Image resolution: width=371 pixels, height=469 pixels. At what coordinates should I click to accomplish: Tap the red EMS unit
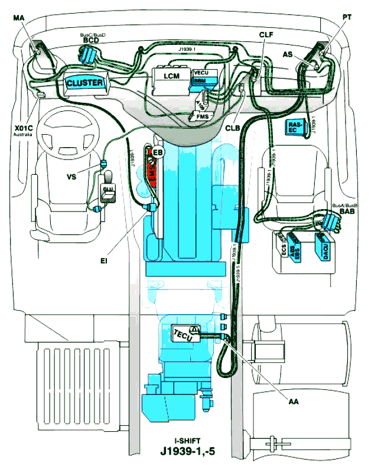[152, 174]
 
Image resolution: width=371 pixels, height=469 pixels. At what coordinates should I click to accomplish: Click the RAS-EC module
[296, 127]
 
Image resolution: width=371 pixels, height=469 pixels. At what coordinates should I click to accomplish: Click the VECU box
[201, 73]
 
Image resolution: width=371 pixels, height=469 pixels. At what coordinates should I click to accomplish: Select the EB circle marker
[157, 153]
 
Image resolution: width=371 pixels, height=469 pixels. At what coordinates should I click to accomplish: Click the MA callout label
[18, 19]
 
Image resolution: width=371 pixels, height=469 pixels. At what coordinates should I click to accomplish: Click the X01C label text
[22, 127]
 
